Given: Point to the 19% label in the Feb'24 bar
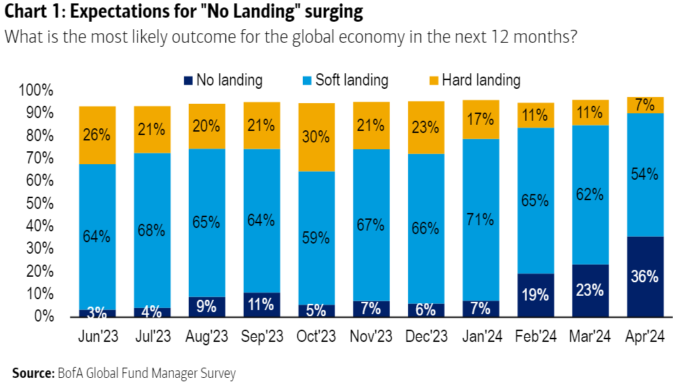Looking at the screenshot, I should coord(534,296).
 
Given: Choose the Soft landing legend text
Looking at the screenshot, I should coord(352,81).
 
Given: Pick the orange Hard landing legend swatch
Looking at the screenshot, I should coord(434,81).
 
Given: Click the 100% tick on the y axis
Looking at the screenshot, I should coord(36,90).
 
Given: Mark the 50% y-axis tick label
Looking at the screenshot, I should coord(39,204).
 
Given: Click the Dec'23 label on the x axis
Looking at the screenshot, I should coord(425,336).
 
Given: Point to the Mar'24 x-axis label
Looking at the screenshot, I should coord(589,336).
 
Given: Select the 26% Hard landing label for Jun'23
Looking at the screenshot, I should coord(96,134).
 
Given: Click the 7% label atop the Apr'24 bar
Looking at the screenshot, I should coord(644,104).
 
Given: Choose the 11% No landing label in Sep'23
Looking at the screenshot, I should coord(261,305).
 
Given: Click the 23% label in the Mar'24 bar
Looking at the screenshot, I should coord(589,290).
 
